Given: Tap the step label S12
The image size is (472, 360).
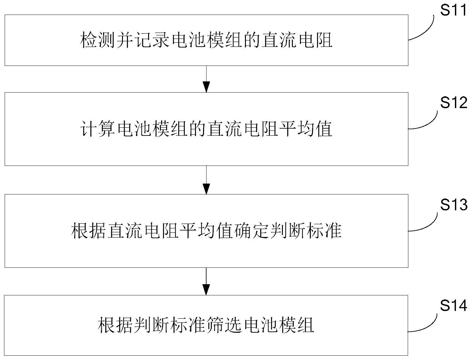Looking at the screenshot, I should click(454, 103).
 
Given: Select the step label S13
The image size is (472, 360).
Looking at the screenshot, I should click(454, 205).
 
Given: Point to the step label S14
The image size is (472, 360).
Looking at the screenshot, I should click(453, 305).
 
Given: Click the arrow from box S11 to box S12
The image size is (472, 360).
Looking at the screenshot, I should click(206, 79).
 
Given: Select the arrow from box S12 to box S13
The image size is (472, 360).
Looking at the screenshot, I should click(206, 180).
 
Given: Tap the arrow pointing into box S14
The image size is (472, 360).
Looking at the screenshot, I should click(206, 281).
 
